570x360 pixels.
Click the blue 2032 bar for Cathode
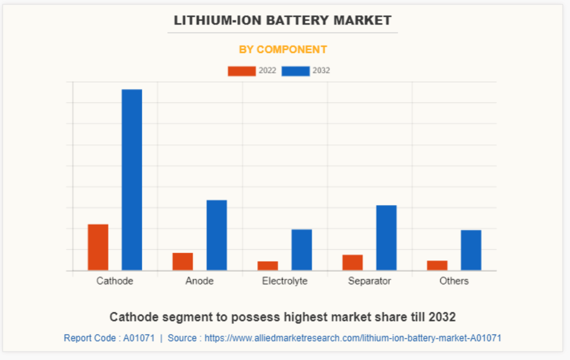132,180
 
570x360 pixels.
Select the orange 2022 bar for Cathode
98,247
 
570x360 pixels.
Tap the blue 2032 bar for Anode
217,235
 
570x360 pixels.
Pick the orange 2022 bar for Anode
183,262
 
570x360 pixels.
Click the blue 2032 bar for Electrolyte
301,250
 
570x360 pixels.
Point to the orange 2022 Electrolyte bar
267,266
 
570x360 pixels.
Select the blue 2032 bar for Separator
386,238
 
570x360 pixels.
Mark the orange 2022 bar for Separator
353,263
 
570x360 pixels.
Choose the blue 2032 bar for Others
471,250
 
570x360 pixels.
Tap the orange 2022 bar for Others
437,266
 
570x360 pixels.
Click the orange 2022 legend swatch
242,71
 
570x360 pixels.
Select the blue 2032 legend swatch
296,71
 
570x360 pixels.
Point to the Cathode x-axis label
115,281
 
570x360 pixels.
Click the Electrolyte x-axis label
284,281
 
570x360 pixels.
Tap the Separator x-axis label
370,281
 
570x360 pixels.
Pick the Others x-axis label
454,281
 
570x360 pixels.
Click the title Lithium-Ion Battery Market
283,20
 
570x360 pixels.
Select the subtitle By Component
283,49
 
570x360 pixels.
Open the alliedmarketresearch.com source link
353,338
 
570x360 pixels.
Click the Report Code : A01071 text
109,338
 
